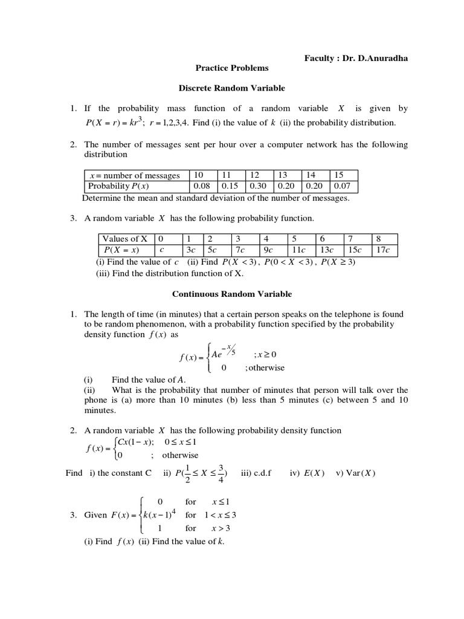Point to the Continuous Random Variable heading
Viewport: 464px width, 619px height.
pyautogui.click(x=232, y=294)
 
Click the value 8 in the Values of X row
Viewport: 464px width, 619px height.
pyautogui.click(x=378, y=239)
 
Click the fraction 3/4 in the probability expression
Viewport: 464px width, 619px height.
pyautogui.click(x=224, y=473)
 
